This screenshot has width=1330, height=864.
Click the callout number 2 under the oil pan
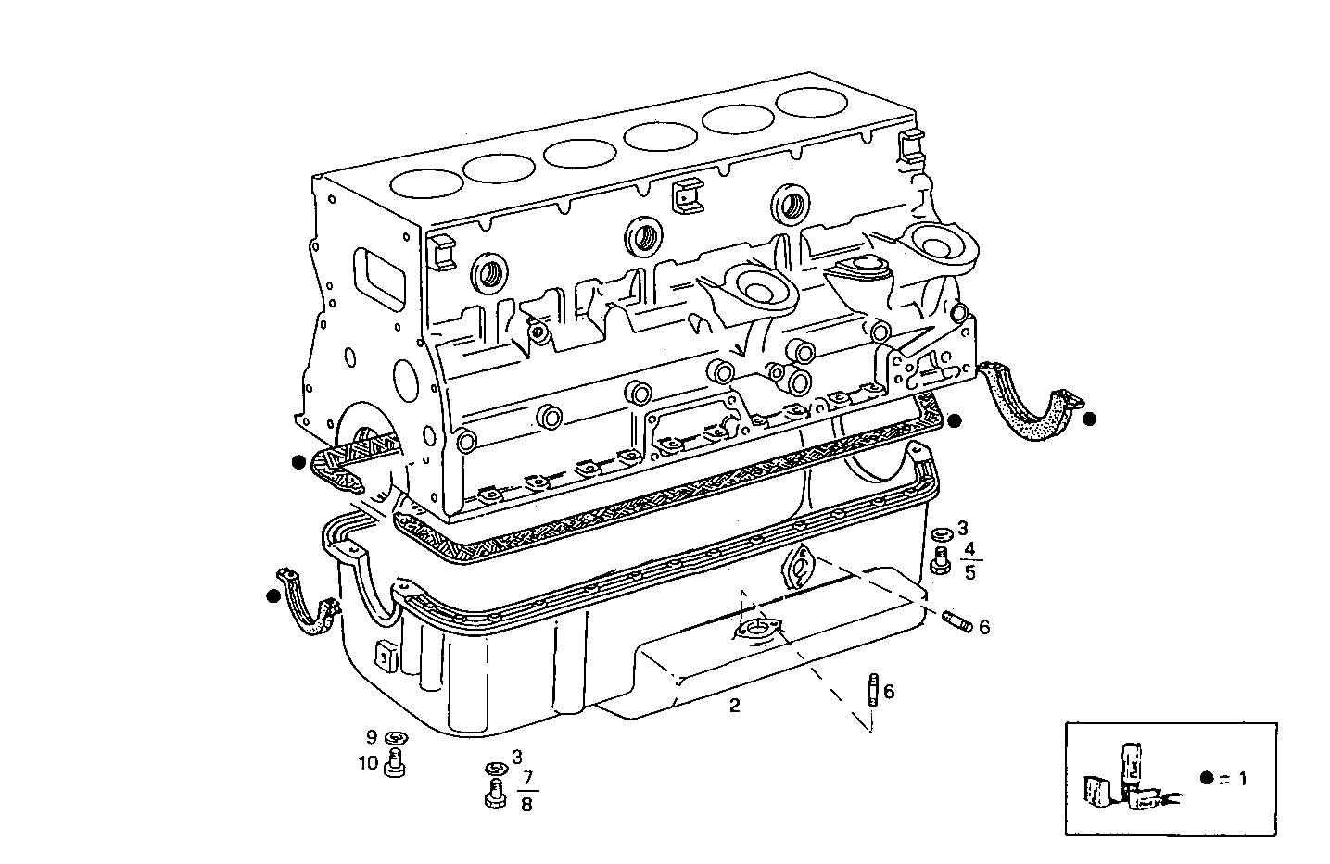pos(734,706)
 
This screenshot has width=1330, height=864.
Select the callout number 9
pos(372,737)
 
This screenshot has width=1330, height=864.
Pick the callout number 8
pos(526,803)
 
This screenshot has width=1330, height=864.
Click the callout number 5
pos(969,572)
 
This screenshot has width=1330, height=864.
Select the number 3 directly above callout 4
pos(962,529)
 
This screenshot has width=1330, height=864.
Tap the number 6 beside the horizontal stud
pos(983,628)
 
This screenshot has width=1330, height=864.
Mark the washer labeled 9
pos(396,738)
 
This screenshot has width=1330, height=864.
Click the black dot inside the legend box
pos(1206,778)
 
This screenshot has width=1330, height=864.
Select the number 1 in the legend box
pos(1242,779)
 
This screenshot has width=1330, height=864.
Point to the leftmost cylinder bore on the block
pos(426,182)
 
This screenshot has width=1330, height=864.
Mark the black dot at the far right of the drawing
pos(1090,419)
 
